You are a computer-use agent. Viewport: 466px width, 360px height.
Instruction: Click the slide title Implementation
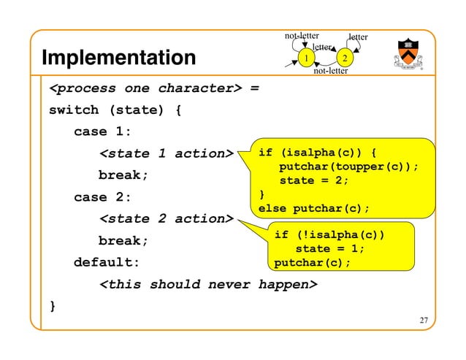point(118,58)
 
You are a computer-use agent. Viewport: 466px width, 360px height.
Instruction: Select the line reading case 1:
point(102,132)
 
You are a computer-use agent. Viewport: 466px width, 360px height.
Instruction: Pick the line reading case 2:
point(102,197)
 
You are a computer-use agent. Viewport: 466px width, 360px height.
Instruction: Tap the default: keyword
point(107,262)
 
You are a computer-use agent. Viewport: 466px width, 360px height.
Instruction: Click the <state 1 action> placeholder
point(165,153)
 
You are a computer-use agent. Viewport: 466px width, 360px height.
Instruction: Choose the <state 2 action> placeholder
point(165,218)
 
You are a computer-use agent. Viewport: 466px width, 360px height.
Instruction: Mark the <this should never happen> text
point(208,284)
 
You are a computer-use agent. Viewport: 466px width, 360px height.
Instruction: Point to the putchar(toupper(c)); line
point(349,166)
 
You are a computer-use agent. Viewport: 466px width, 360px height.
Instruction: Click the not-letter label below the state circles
point(330,71)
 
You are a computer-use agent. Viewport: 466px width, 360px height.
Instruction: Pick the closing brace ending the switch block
point(52,305)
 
